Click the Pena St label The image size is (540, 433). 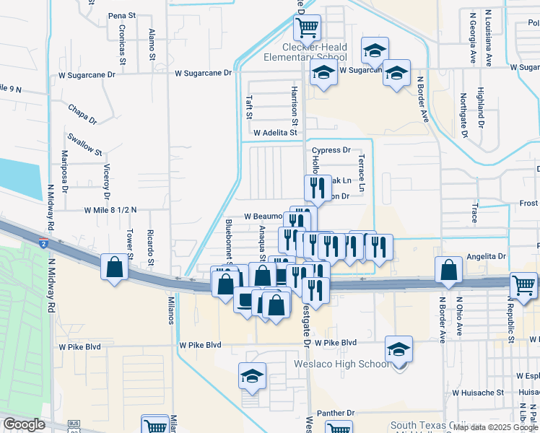click(122, 15)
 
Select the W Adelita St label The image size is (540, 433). click(275, 133)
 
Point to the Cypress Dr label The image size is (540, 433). click(331, 151)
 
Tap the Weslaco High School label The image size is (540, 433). click(341, 363)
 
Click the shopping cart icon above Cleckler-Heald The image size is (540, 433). click(307, 28)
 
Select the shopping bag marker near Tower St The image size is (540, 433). click(115, 267)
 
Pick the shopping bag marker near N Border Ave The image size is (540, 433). click(449, 269)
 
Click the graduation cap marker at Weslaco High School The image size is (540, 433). click(399, 349)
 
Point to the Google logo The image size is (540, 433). click(24, 424)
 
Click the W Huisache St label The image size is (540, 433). click(478, 393)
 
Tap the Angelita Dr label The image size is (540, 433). click(486, 257)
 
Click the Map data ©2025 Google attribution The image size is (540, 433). click(495, 427)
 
